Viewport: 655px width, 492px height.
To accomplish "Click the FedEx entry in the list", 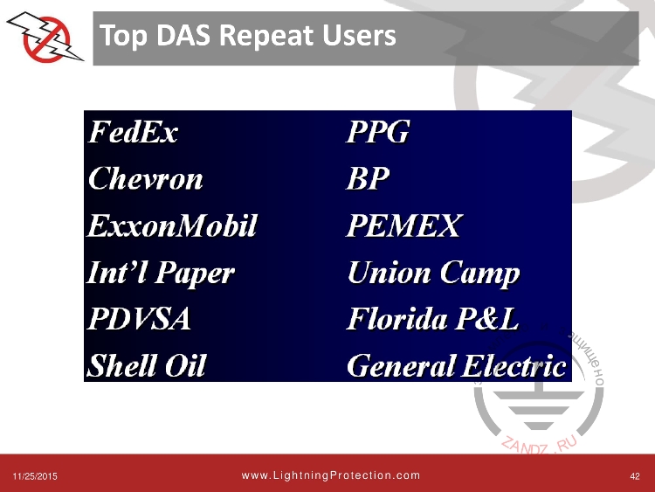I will coord(133,133).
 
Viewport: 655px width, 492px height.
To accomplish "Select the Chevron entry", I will coord(146,179).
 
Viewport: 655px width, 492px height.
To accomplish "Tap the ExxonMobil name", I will coord(173,226).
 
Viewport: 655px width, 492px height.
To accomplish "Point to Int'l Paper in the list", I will coord(162,274).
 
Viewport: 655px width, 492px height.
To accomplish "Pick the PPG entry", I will coord(378,133).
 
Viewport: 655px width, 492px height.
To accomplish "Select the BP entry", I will coord(368,179).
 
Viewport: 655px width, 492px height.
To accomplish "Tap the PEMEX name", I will coord(403,226).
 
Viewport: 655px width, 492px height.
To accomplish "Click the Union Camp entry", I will coord(433,274).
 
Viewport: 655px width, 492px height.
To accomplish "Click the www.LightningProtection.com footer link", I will coord(330,475).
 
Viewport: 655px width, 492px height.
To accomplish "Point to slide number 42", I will coord(635,476).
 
